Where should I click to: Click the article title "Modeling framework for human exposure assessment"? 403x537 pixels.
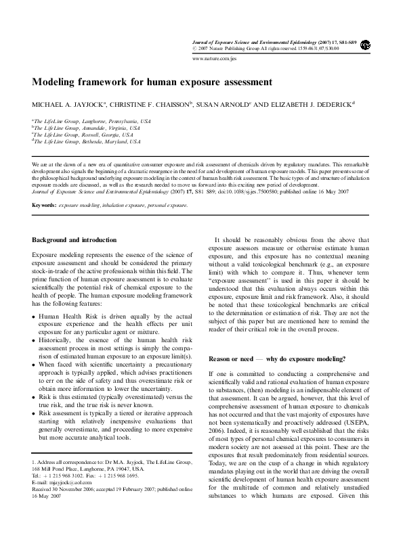(152, 82)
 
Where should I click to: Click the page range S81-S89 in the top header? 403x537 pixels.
(344, 41)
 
